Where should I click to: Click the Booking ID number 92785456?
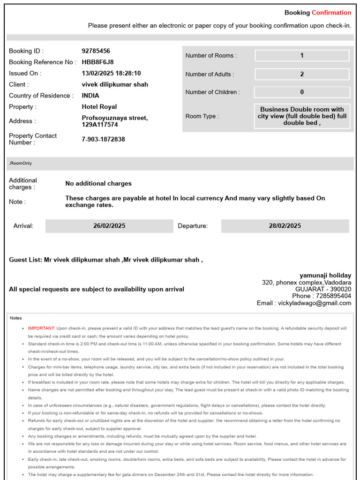tap(96, 51)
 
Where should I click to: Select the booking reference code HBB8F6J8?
tap(97, 62)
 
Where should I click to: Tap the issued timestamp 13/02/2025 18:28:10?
tap(111, 73)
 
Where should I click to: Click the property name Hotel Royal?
tap(99, 106)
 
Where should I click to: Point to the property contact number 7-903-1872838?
tap(103, 139)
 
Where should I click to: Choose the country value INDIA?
tap(90, 96)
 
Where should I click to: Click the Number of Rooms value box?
tap(302, 55)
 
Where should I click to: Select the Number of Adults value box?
tap(302, 74)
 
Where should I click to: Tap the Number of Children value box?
tap(302, 92)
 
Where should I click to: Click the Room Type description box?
tap(302, 116)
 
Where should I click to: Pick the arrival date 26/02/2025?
tap(109, 226)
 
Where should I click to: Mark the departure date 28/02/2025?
tap(285, 226)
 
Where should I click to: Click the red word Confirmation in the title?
tap(331, 13)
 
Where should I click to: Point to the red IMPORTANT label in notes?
tap(41, 328)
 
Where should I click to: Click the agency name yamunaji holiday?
tap(325, 275)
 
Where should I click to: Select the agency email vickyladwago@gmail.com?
tap(321, 303)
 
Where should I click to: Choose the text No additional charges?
tap(98, 183)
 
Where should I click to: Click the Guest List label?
tap(25, 259)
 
